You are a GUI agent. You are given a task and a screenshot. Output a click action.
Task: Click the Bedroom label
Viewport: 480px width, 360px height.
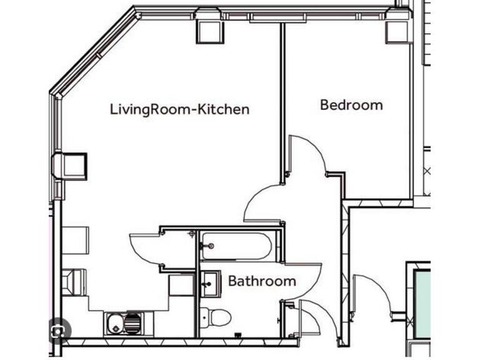pyautogui.click(x=351, y=105)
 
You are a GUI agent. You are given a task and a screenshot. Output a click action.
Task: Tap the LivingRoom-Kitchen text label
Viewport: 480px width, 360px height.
pyautogui.click(x=179, y=109)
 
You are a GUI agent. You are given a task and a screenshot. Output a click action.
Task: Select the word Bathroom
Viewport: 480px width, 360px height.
pyautogui.click(x=262, y=281)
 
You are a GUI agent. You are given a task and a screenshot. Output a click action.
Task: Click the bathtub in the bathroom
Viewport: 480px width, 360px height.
pyautogui.click(x=236, y=246)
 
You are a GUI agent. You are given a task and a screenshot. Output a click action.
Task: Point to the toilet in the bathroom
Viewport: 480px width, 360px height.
pyautogui.click(x=216, y=316)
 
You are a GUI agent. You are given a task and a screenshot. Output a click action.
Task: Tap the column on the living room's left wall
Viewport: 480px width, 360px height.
pyautogui.click(x=71, y=165)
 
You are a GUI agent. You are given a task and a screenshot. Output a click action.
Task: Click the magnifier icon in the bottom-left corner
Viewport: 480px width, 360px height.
pyautogui.click(x=60, y=331)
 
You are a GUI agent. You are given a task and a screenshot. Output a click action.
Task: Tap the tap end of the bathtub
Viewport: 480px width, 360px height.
pyautogui.click(x=209, y=246)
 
